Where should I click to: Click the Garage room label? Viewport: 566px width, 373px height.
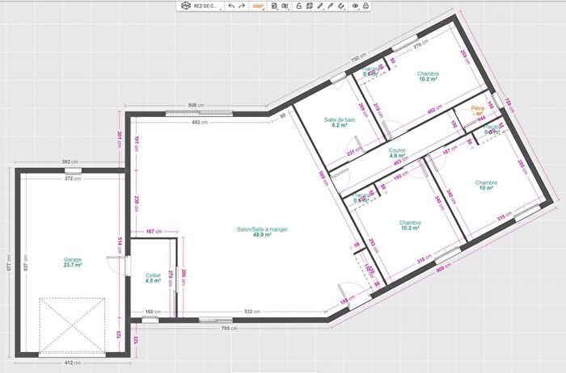pyautogui.click(x=73, y=260)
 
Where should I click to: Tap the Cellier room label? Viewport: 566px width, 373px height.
pyautogui.click(x=153, y=275)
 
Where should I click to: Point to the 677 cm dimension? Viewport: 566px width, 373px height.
pyautogui.click(x=6, y=263)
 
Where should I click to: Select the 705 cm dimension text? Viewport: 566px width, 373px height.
pyautogui.click(x=229, y=329)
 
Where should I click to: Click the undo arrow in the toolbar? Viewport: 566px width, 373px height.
pyautogui.click(x=231, y=6)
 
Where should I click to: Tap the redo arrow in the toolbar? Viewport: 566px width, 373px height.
pyautogui.click(x=242, y=6)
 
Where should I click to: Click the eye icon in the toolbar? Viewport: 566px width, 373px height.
pyautogui.click(x=354, y=6)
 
